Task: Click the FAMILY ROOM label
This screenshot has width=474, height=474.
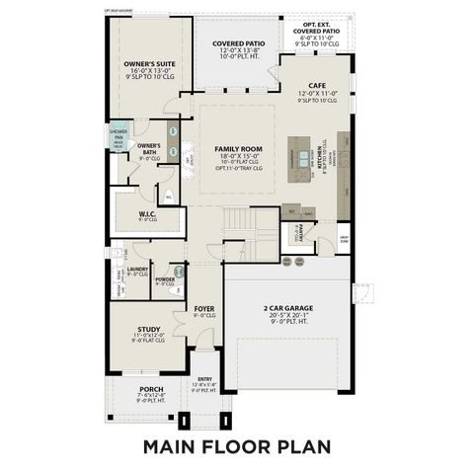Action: point(237,148)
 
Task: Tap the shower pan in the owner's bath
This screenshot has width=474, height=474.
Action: point(118,136)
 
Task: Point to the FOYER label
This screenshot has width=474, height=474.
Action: point(204,308)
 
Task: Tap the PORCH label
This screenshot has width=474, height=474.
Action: point(150,389)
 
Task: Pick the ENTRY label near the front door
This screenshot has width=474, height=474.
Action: point(204,378)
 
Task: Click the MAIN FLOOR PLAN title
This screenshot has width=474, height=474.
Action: point(236,445)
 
